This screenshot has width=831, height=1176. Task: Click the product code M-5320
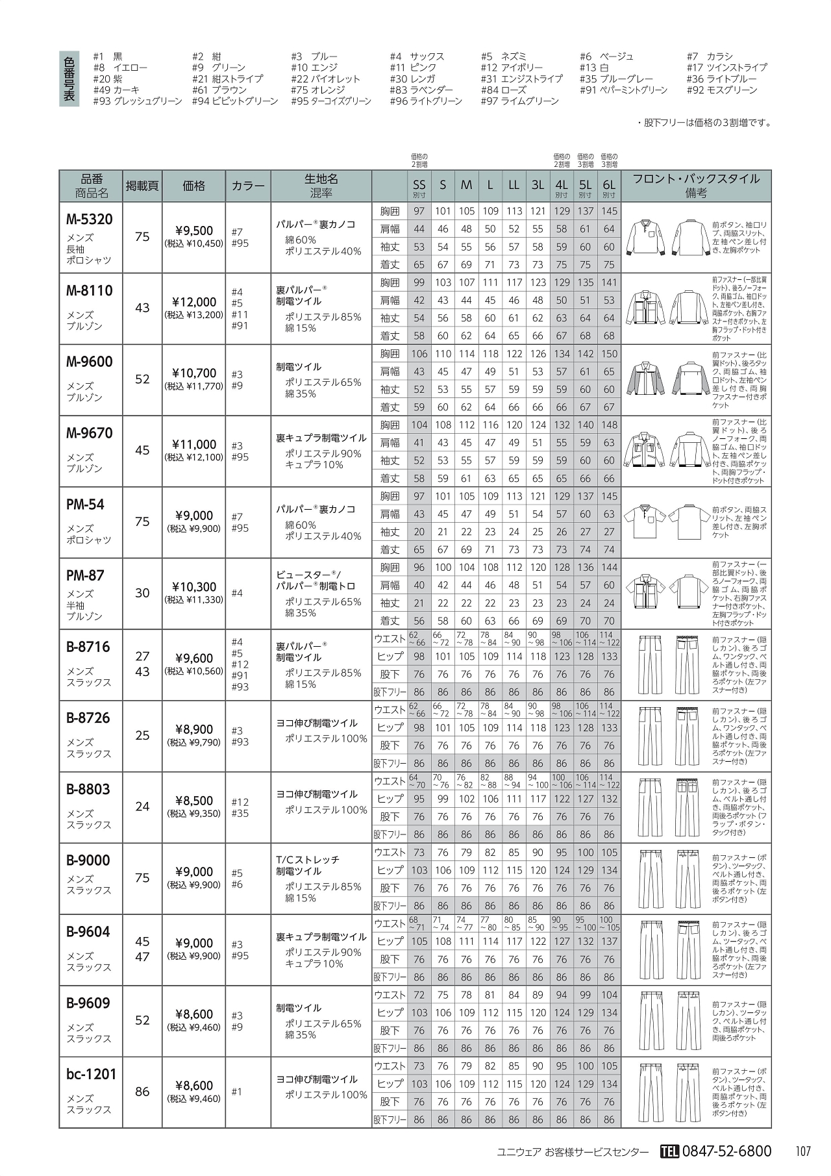90,219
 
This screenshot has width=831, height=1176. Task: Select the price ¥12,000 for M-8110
195,302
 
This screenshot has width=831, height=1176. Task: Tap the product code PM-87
85,575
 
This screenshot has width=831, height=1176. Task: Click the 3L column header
538,185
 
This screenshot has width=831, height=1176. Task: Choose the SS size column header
419,186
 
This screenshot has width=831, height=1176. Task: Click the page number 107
802,1151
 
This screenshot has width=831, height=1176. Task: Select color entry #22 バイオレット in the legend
325,79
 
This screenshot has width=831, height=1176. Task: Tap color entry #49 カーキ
116,90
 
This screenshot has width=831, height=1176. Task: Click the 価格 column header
194,186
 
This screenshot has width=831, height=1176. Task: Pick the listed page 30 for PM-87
142,593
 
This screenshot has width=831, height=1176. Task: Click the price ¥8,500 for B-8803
194,801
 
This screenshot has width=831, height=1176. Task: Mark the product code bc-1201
91,1074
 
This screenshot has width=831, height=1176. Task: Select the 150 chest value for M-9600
609,354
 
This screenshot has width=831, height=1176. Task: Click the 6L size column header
609,185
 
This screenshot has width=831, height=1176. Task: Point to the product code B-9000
89,860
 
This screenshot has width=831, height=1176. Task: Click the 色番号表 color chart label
69,79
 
